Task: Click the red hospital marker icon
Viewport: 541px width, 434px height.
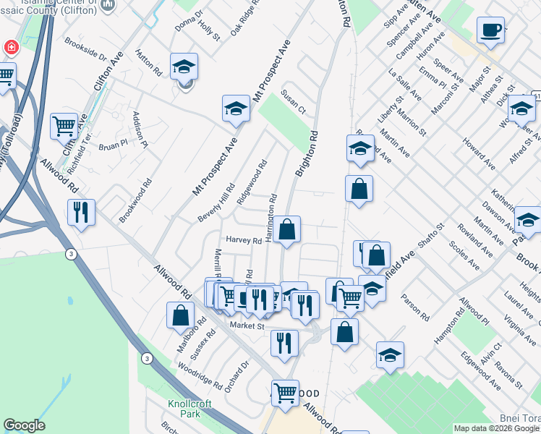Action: tap(11, 48)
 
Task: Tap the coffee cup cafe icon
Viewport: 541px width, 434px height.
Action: tap(490, 30)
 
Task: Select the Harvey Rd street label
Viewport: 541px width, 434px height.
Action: tap(243, 240)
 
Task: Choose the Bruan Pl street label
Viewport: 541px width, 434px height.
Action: tap(113, 145)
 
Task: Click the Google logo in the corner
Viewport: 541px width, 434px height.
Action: tap(24, 425)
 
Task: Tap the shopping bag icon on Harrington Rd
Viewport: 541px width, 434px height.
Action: tap(286, 231)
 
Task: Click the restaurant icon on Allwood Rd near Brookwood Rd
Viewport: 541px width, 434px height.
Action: tap(80, 213)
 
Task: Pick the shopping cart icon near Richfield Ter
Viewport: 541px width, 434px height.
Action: tap(64, 127)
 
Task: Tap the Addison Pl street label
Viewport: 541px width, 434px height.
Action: tap(140, 129)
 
